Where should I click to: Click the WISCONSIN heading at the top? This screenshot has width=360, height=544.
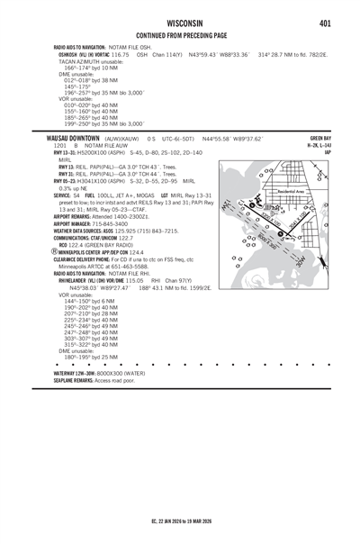pos(179,23)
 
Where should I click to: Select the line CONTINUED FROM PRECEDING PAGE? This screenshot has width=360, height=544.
pos(180,35)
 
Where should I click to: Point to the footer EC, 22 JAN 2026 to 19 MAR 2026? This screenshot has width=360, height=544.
pos(180,520)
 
